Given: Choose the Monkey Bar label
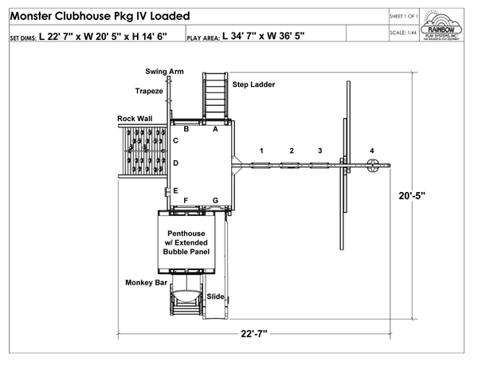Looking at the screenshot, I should click(x=145, y=282).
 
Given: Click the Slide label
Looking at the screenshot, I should click(x=215, y=296).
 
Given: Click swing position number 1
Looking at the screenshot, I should click(x=261, y=150).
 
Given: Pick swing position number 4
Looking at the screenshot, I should click(x=371, y=151).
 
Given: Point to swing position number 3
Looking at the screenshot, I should click(x=319, y=150).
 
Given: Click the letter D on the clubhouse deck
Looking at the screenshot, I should click(x=175, y=163).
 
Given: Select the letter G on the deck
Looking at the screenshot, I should click(x=214, y=200).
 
